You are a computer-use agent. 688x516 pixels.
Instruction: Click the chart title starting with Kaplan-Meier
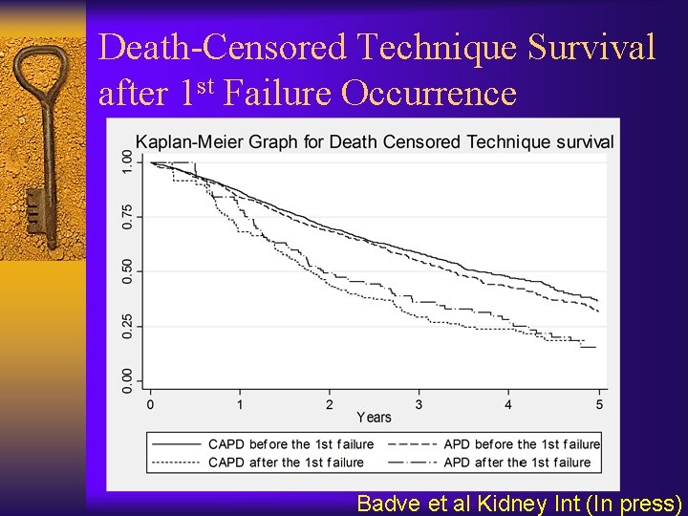click(x=374, y=142)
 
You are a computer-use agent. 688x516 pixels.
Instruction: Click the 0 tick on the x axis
click(x=151, y=404)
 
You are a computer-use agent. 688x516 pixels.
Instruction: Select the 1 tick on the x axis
click(x=240, y=404)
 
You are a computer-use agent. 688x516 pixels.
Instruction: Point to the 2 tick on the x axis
click(x=330, y=404)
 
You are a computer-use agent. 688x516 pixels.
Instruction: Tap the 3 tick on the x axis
click(x=419, y=404)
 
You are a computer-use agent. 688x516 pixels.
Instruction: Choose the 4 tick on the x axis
click(x=508, y=404)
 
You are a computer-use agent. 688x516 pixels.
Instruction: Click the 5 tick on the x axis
click(x=599, y=404)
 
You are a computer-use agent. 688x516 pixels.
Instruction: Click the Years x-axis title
click(x=374, y=418)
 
